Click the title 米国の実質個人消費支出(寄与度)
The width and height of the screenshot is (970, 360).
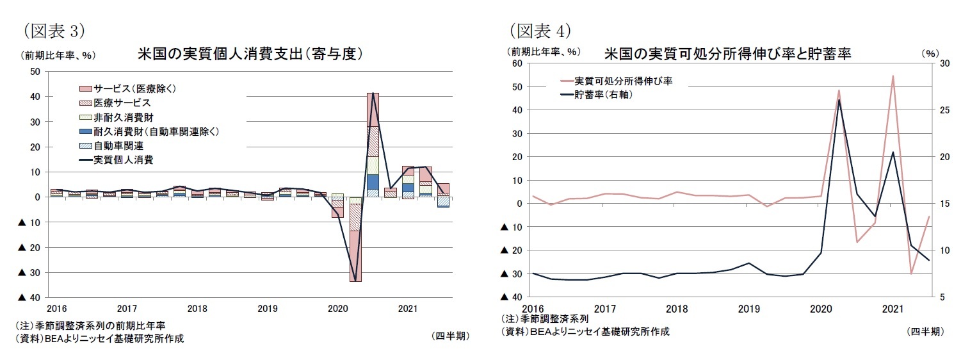pos(250,54)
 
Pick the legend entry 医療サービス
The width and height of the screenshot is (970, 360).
pos(122,102)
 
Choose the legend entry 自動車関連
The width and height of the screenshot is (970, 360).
pos(118,146)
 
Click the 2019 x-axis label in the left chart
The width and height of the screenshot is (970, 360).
pos(267,309)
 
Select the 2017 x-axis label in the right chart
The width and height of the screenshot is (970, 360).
pos(605,309)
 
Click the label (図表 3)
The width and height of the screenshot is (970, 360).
pos(54,30)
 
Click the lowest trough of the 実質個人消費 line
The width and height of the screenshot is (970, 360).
pos(355,281)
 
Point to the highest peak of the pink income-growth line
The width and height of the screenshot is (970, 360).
pos(893,76)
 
